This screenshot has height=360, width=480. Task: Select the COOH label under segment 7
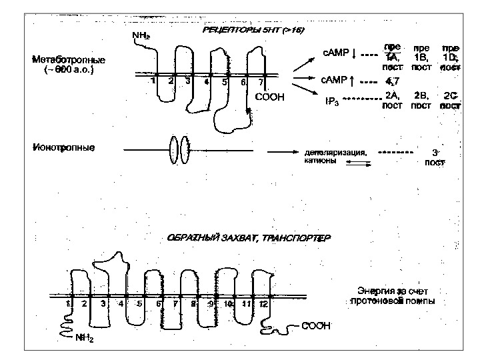(270, 97)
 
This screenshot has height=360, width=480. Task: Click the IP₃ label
(331, 102)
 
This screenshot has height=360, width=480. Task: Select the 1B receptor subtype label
(421, 57)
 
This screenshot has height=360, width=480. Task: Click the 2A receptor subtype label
(392, 96)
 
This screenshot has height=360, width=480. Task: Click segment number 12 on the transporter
(263, 304)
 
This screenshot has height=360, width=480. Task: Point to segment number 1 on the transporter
(69, 304)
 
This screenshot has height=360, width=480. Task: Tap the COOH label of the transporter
(316, 326)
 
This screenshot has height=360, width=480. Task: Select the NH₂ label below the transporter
(84, 338)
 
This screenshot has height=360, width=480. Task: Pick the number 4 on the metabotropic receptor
(207, 82)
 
